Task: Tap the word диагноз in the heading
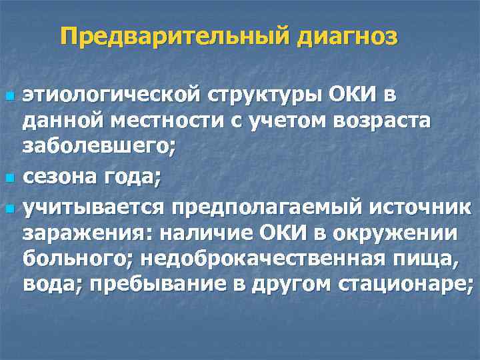pos(347,37)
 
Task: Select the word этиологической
pos(107,95)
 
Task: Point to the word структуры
pos(260,95)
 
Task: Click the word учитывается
pos(93,207)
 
